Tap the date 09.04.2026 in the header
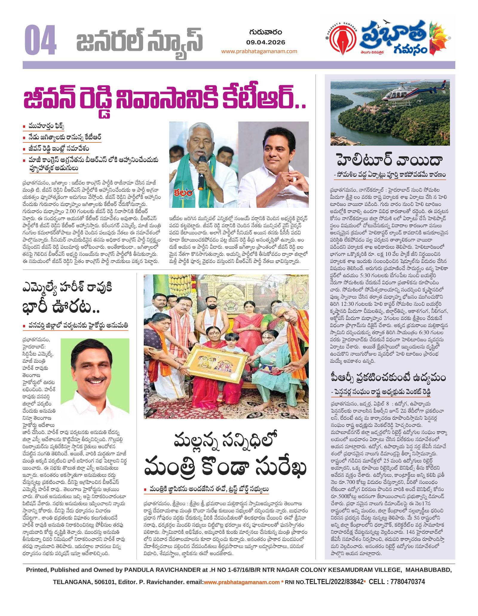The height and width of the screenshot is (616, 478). coord(266,42)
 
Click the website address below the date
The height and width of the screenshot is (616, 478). coord(259,51)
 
